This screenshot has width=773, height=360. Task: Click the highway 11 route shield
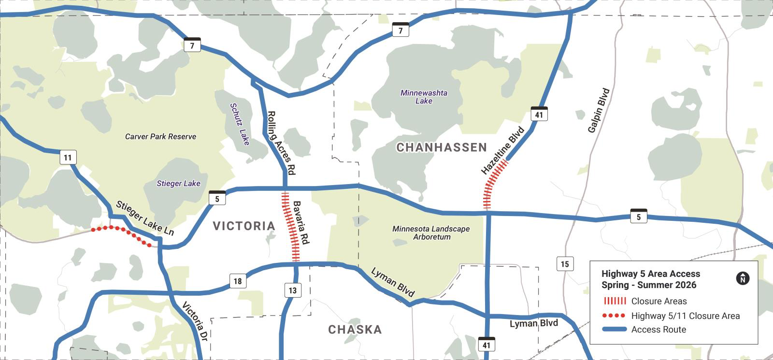[68, 158]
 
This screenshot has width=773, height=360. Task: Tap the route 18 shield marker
[238, 281]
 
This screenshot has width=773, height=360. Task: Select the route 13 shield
[293, 290]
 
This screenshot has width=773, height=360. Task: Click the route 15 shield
[565, 264]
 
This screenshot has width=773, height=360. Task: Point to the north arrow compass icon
[743, 278]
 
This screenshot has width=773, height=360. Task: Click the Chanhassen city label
[442, 147]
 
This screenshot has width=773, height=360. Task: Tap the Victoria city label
[244, 226]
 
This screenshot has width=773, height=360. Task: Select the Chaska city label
[355, 330]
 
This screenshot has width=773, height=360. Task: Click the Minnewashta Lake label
[424, 97]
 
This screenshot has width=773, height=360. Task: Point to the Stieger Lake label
[178, 184]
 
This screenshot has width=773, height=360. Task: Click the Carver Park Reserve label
[160, 137]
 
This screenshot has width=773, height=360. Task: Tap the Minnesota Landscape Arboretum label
[431, 233]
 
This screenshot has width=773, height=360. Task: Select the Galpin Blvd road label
[599, 111]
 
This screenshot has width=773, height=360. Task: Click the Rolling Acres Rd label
[281, 143]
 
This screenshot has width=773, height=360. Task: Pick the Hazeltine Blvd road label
[503, 150]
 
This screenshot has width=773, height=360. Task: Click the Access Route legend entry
[658, 330]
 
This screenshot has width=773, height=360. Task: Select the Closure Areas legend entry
[658, 301]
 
